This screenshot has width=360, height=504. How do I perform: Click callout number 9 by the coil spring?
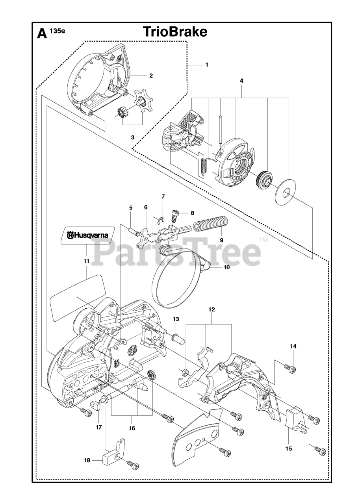(221, 239)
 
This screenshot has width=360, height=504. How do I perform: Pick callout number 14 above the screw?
(293, 346)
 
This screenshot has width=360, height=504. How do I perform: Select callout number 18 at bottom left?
(87, 460)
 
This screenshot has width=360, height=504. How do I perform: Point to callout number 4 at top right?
(241, 81)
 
